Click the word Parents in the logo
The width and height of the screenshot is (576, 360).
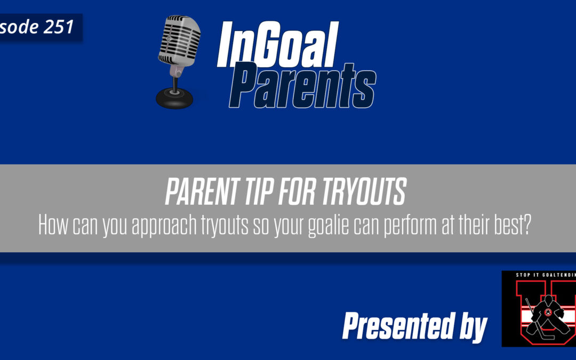coord(306,85)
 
